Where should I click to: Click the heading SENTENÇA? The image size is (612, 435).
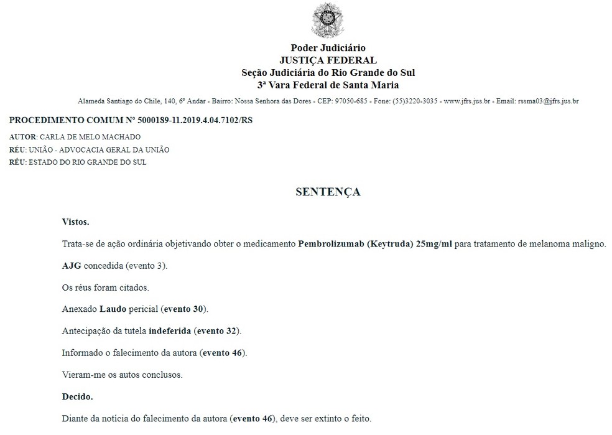pos(328,192)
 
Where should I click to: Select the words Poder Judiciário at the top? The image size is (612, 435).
pos(328,48)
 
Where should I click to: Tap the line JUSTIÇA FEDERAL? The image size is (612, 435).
pos(328,60)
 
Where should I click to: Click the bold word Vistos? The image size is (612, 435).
pos(75,222)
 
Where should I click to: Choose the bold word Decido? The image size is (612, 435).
pos(77,396)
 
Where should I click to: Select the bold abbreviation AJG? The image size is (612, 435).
pos(72,266)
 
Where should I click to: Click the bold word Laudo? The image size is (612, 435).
pos(113,309)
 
